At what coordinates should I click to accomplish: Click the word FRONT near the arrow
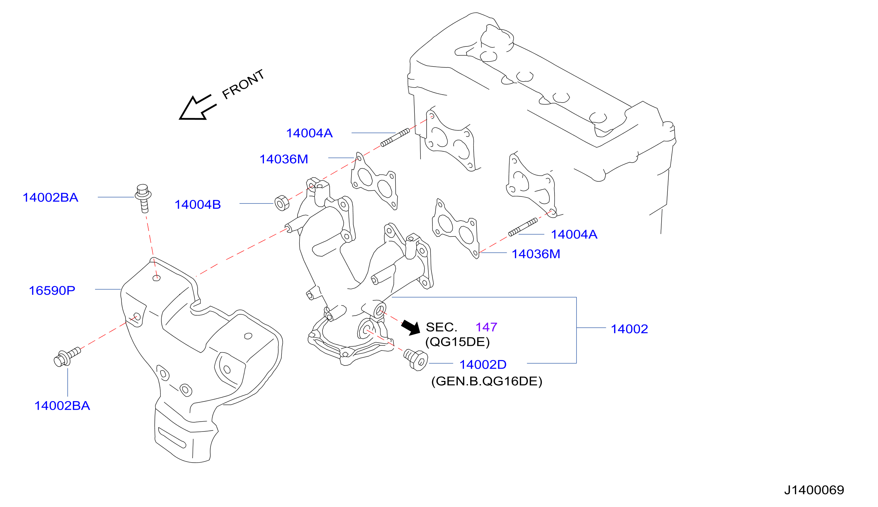click(x=243, y=84)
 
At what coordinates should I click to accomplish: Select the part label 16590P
click(x=52, y=290)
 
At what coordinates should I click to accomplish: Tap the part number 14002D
click(x=483, y=365)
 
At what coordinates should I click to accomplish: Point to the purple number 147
click(x=487, y=327)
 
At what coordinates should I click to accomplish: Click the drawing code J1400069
click(x=814, y=490)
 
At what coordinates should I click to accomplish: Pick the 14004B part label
click(x=198, y=204)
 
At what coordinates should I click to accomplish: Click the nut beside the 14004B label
click(x=282, y=203)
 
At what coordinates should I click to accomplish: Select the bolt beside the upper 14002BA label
click(x=143, y=198)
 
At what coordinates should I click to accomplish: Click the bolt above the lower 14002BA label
click(x=67, y=357)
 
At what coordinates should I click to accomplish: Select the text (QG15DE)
click(x=457, y=342)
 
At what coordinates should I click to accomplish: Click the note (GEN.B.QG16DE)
click(x=487, y=381)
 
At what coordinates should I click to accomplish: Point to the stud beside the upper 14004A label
click(x=395, y=138)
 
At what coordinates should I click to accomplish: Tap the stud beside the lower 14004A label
click(x=523, y=227)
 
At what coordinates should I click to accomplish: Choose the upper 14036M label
click(x=284, y=159)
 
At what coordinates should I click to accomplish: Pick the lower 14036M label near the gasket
click(x=536, y=254)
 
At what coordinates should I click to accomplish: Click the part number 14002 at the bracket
click(x=629, y=329)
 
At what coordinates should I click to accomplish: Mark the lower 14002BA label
click(x=62, y=406)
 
